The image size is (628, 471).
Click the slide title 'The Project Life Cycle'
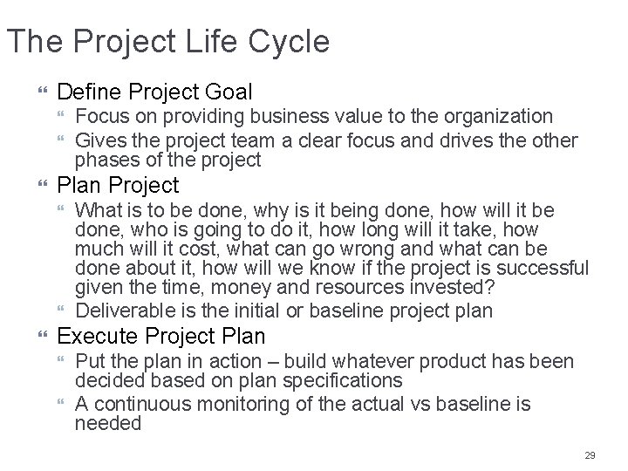coord(168,41)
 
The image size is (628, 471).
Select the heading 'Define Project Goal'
coord(154,91)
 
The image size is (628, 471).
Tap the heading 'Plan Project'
coord(118,185)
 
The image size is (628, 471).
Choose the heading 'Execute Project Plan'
coord(160,337)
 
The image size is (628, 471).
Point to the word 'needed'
coord(108,425)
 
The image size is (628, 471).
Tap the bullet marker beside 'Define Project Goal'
coord(42,92)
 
